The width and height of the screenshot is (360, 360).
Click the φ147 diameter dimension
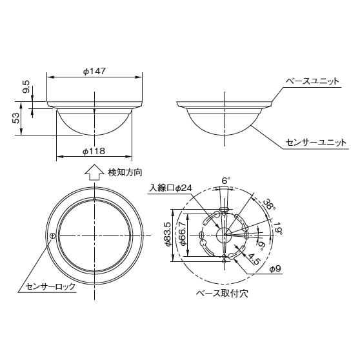[x=95, y=72]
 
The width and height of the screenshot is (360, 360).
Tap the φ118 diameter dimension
[x=95, y=151]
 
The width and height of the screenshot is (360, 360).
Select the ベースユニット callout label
[x=314, y=83]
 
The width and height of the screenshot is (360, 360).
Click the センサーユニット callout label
[x=316, y=141]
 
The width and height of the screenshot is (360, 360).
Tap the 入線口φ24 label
[x=171, y=188]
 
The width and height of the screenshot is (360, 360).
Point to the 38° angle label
[x=270, y=205]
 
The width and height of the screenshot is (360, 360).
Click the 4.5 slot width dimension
[x=253, y=261]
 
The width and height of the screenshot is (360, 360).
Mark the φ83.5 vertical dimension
[x=167, y=235]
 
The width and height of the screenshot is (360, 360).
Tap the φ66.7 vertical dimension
[x=182, y=235]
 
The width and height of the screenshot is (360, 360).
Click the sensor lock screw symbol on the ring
[x=52, y=236]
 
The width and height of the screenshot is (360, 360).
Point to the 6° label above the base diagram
[x=225, y=180]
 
